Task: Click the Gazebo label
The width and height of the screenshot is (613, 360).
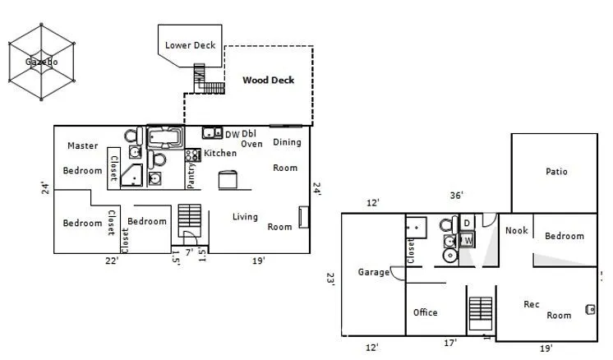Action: click(x=41, y=62)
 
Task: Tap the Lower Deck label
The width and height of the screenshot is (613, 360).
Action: click(x=190, y=45)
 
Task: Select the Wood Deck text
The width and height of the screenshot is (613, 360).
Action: click(x=268, y=80)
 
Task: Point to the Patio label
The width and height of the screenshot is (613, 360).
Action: click(x=556, y=171)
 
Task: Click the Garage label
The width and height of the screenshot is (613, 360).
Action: click(x=374, y=272)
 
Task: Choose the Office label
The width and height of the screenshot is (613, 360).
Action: click(x=426, y=312)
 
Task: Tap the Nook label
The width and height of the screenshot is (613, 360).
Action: click(x=516, y=231)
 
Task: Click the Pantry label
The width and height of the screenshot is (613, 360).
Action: click(x=191, y=175)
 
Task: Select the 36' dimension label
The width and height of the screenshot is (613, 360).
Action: click(x=456, y=195)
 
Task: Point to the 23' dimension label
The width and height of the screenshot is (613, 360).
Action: click(x=330, y=279)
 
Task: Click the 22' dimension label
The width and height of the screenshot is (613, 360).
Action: click(x=112, y=261)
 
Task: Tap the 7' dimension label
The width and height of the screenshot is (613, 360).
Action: click(x=189, y=252)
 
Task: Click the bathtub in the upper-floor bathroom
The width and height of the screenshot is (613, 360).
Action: click(x=165, y=136)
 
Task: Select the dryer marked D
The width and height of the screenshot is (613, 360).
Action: click(x=467, y=224)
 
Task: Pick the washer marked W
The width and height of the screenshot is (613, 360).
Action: click(x=467, y=240)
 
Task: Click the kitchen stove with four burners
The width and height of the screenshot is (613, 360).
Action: click(x=193, y=155)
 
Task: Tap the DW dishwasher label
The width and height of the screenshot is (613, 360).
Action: click(x=233, y=135)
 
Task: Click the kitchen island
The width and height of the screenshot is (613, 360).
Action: click(x=228, y=180)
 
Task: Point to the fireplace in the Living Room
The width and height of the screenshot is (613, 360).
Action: click(x=303, y=217)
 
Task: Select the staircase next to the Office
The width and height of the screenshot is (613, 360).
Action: click(x=481, y=313)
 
